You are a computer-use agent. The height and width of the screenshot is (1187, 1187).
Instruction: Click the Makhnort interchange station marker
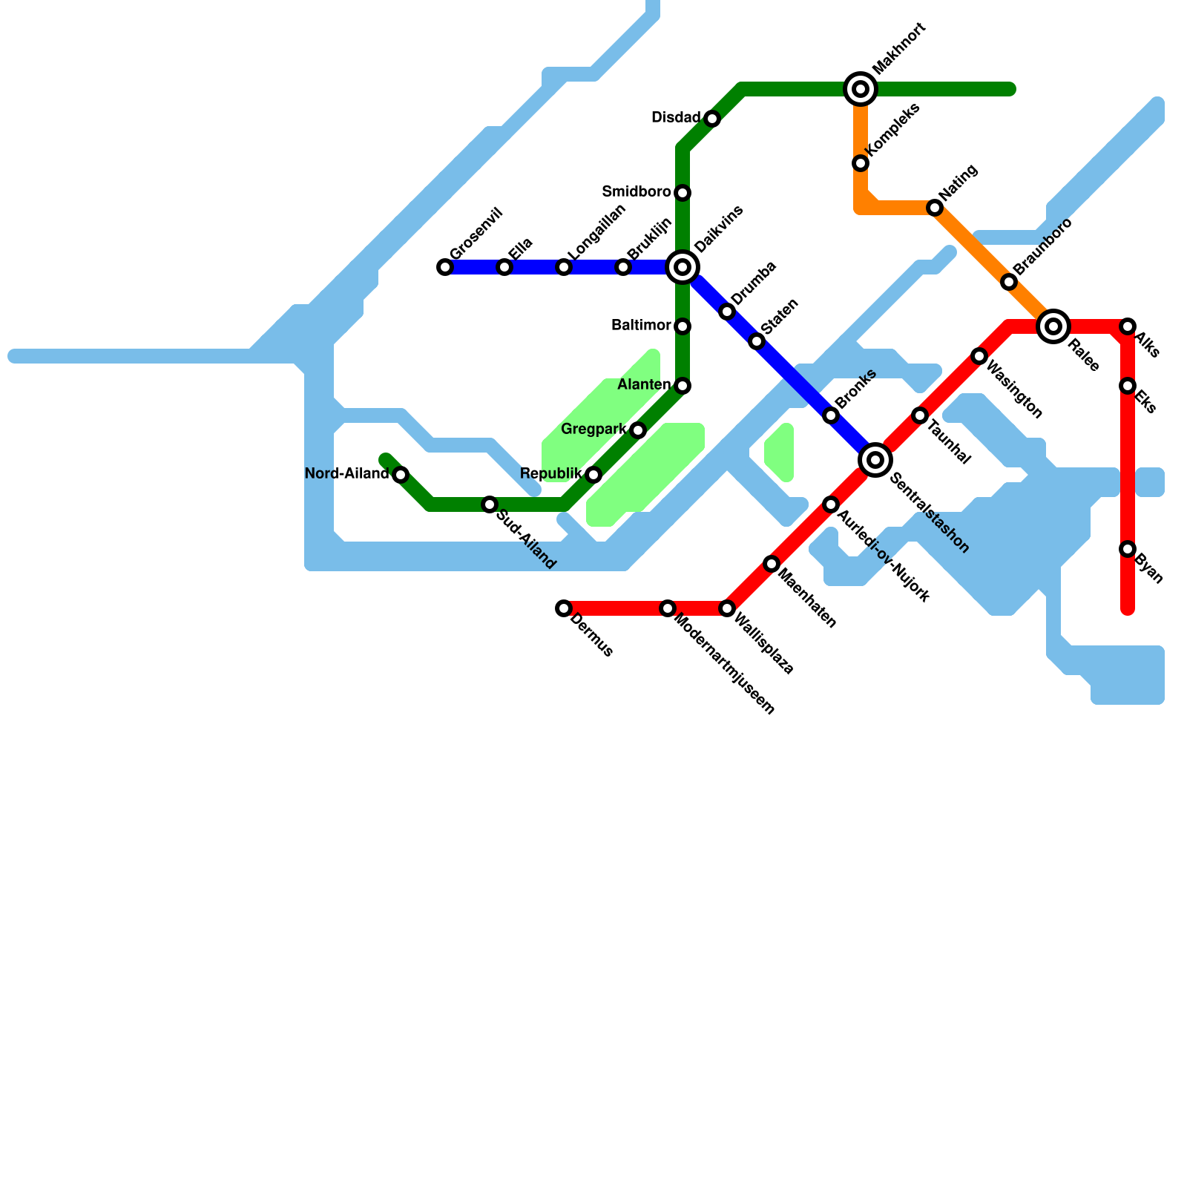(861, 89)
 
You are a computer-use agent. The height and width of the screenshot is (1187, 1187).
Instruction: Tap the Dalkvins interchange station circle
(683, 267)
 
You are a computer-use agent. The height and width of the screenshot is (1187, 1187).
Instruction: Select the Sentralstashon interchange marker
(875, 460)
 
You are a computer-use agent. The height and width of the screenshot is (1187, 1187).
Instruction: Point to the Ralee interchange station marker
(1053, 326)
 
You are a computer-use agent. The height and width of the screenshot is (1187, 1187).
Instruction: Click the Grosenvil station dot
(445, 267)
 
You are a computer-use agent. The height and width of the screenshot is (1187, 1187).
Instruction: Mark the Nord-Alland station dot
(401, 475)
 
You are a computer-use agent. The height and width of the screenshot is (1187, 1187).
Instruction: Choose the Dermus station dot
(564, 608)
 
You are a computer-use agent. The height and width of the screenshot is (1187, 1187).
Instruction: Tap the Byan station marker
(1128, 549)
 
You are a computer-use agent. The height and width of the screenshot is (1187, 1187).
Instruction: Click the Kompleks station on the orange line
(861, 163)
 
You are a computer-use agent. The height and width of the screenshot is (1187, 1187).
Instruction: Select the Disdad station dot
(712, 119)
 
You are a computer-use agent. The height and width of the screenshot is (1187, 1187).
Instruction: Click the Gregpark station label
(593, 430)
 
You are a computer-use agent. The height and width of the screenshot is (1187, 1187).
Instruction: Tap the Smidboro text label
(637, 192)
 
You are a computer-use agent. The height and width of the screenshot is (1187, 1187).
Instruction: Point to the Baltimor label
(641, 326)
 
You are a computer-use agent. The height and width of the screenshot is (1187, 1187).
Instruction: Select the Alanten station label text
(644, 385)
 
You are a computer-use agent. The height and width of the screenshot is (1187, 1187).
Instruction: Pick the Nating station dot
(935, 208)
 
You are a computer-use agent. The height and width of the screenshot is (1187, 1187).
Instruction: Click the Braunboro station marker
(1009, 282)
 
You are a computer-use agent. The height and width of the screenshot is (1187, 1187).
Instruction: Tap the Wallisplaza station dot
(727, 608)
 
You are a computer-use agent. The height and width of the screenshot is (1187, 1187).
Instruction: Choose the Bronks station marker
(831, 415)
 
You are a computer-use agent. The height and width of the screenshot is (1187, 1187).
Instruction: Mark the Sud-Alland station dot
(490, 504)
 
